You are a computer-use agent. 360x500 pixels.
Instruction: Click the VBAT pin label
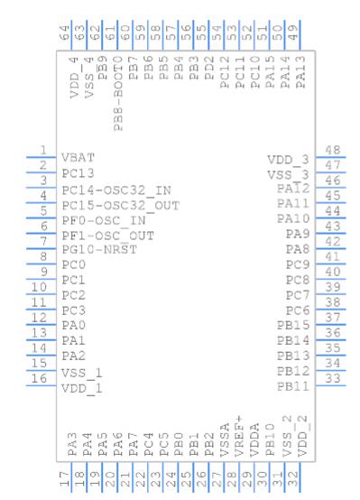tap(78, 158)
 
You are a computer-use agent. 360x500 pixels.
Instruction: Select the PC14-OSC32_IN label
tap(116, 190)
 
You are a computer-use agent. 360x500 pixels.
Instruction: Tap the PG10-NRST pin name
tap(99, 249)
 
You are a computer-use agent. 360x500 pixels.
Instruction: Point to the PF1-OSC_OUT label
tap(107, 236)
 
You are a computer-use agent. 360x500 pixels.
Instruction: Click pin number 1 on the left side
tap(43, 150)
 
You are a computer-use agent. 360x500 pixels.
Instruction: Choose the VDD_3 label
tap(288, 160)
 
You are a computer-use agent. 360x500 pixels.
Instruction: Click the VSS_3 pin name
tap(288, 175)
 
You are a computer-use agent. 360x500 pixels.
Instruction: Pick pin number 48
tap(333, 150)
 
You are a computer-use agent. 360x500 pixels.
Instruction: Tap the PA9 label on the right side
tap(298, 234)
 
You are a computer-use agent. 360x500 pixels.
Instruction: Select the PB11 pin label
tap(293, 387)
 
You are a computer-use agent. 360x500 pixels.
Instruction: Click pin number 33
tap(333, 378)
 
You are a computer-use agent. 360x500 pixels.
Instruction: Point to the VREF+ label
tap(239, 436)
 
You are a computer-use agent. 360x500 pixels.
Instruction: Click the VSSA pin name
tap(225, 440)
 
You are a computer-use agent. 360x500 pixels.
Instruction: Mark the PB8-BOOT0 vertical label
tap(118, 94)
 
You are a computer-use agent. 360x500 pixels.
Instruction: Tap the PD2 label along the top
tap(209, 69)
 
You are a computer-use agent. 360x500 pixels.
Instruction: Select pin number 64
tap(64, 33)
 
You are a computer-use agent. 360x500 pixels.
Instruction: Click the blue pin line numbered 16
tap(42, 386)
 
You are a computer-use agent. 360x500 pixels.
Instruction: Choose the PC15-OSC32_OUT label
tap(121, 206)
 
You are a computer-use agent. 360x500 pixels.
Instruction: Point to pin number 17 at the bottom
tap(64, 479)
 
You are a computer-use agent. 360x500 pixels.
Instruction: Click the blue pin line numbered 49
tap(300, 35)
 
